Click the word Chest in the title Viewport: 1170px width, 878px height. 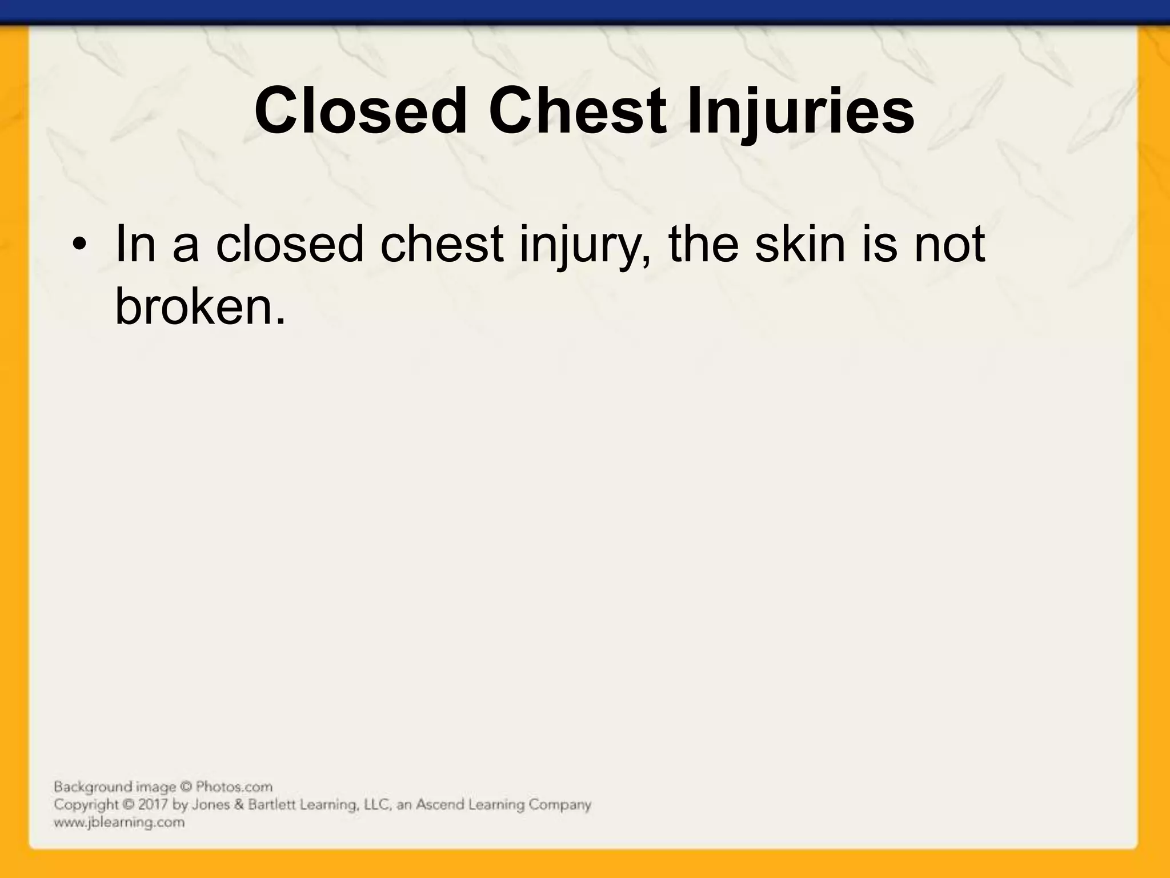(577, 111)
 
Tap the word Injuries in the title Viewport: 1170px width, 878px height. (800, 111)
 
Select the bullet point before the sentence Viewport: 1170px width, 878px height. (79, 247)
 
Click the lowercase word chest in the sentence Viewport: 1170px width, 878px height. (442, 245)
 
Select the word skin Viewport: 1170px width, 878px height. (800, 245)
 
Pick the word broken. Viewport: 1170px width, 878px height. (199, 306)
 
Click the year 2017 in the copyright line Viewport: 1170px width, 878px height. (154, 805)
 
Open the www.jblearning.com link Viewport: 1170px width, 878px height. (119, 823)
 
